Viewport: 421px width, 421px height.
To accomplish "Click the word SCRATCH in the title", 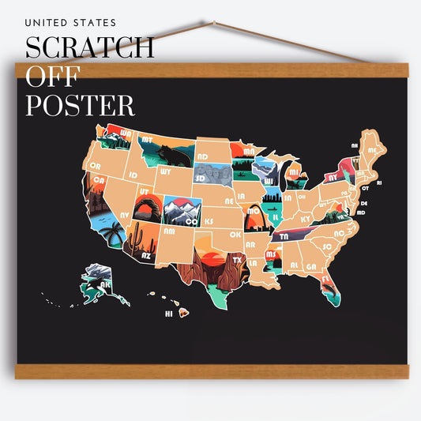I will (89, 47).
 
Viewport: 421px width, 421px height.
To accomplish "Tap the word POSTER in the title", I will (80, 104).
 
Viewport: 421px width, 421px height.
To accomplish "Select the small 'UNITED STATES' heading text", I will (70, 23).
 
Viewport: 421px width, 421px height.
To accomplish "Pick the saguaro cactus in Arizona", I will (137, 237).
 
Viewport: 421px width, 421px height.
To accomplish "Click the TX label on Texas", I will (236, 259).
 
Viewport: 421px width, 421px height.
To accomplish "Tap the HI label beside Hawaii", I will (168, 314).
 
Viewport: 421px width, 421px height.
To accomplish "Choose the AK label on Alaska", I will (104, 286).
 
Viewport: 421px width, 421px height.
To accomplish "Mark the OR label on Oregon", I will (96, 166).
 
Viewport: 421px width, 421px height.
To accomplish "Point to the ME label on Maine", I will (372, 149).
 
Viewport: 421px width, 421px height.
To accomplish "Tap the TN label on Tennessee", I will (283, 236).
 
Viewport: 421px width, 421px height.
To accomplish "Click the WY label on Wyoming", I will (165, 171).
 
